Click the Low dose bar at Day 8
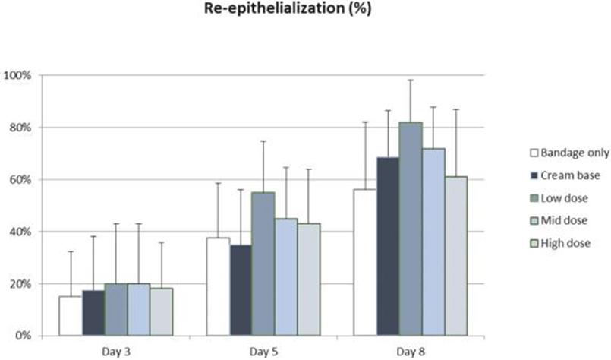click(x=411, y=228)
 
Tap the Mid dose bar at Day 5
click(x=285, y=276)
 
